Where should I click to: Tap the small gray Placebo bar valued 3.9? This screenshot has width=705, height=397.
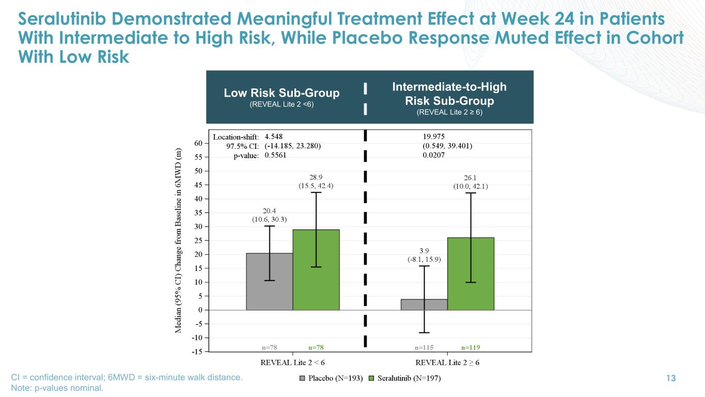(424, 304)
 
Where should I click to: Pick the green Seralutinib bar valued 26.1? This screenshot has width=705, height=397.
(471, 274)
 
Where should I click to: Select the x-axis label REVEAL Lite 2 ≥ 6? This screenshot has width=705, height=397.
(447, 363)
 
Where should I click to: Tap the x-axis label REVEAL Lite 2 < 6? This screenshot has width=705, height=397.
(293, 363)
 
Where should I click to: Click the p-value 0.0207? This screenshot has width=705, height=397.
(434, 155)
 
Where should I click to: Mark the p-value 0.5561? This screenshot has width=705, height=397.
(275, 155)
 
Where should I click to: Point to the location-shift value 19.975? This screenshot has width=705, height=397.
(434, 137)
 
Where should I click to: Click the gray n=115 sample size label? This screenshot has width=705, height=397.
(424, 347)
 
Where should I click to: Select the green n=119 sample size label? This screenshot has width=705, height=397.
(471, 347)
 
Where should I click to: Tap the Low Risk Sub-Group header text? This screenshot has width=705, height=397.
(281, 93)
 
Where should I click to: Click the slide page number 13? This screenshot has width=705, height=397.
(671, 379)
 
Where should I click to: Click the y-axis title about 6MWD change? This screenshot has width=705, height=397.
(179, 248)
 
